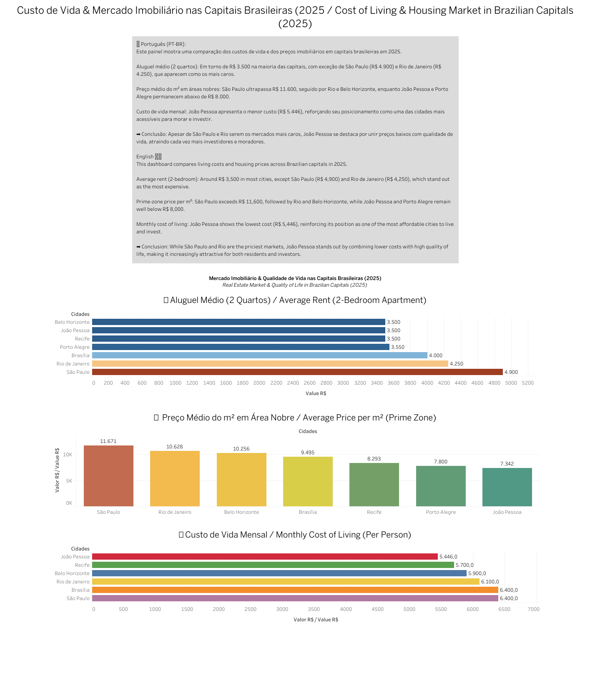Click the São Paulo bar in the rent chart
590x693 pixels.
point(297,372)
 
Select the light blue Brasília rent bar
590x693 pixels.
point(259,355)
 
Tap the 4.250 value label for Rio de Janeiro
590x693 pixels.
point(457,364)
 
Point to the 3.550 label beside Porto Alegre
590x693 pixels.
point(398,347)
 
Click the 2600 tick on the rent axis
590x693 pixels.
point(309,383)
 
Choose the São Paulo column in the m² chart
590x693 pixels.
point(108,476)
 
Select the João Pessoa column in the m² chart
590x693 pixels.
point(507,487)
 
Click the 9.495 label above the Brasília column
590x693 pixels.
point(308,453)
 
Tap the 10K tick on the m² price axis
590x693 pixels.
point(68,455)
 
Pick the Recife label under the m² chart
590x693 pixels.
point(374,512)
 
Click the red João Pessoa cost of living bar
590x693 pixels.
point(265,557)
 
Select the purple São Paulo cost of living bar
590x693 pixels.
point(295,598)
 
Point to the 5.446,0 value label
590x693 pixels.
point(448,557)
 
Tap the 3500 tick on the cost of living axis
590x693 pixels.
point(314,609)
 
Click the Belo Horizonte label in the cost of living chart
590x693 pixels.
point(72,573)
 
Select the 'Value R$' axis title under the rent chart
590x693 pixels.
point(316,393)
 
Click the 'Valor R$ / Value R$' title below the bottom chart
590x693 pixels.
point(316,620)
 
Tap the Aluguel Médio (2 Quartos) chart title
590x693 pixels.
point(295,300)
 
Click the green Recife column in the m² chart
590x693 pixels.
point(374,485)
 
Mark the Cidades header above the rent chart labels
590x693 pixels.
point(80,314)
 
